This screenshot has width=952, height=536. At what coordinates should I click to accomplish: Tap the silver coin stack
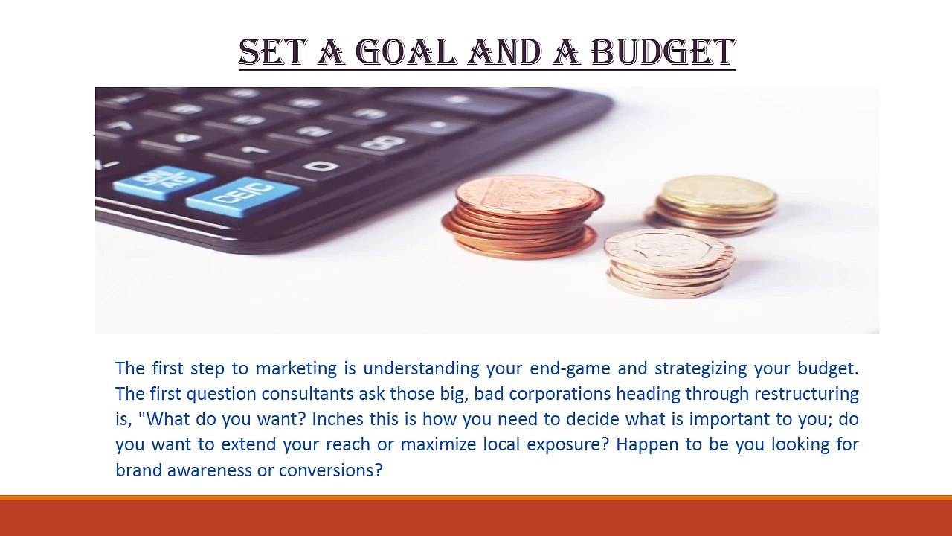click(669, 261)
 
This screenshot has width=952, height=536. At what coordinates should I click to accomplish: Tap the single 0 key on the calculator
click(321, 165)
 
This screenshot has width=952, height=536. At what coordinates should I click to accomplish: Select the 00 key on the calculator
click(383, 142)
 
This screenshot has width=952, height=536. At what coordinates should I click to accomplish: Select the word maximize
click(434, 444)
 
